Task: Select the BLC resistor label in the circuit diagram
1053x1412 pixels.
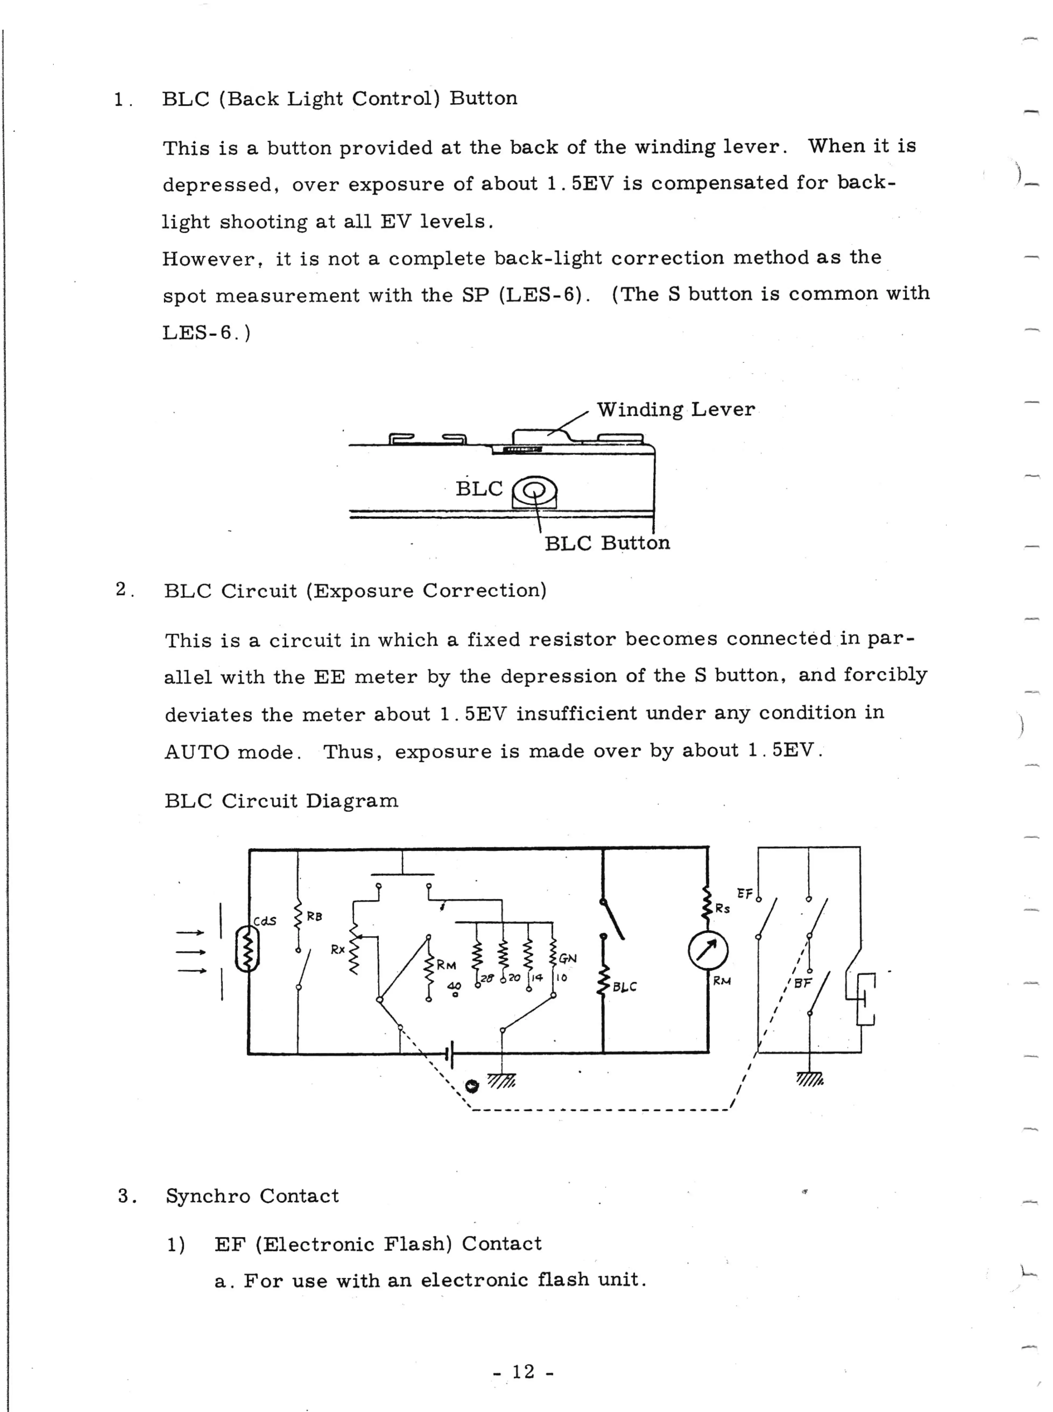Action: pos(625,987)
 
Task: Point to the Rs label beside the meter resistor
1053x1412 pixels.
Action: pos(722,909)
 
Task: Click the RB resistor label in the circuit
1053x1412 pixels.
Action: pos(314,917)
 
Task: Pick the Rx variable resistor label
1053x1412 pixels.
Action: pos(338,950)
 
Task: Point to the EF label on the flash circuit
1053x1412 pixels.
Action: pos(744,894)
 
